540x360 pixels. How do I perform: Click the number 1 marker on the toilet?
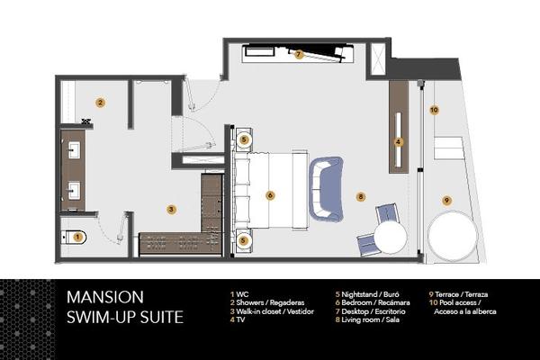pos(77,237)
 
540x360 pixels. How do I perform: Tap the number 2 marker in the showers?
pos(100,103)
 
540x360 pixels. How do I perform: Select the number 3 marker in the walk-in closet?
pos(171,210)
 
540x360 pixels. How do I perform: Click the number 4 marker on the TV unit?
pos(399,141)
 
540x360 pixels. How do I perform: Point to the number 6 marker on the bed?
pos(270,195)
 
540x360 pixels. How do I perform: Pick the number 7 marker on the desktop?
pos(299,54)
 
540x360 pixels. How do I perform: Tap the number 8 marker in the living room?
pos(361,197)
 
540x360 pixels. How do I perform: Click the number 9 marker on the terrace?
pos(446,201)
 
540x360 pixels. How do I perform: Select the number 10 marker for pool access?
pos(434,110)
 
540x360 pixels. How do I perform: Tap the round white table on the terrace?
pos(453,237)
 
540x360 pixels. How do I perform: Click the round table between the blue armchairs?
pos(391,238)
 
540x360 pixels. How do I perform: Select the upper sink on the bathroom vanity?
pos(74,150)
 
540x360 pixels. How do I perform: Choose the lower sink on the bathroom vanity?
pos(74,191)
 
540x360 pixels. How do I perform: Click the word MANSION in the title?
pos(105,297)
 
